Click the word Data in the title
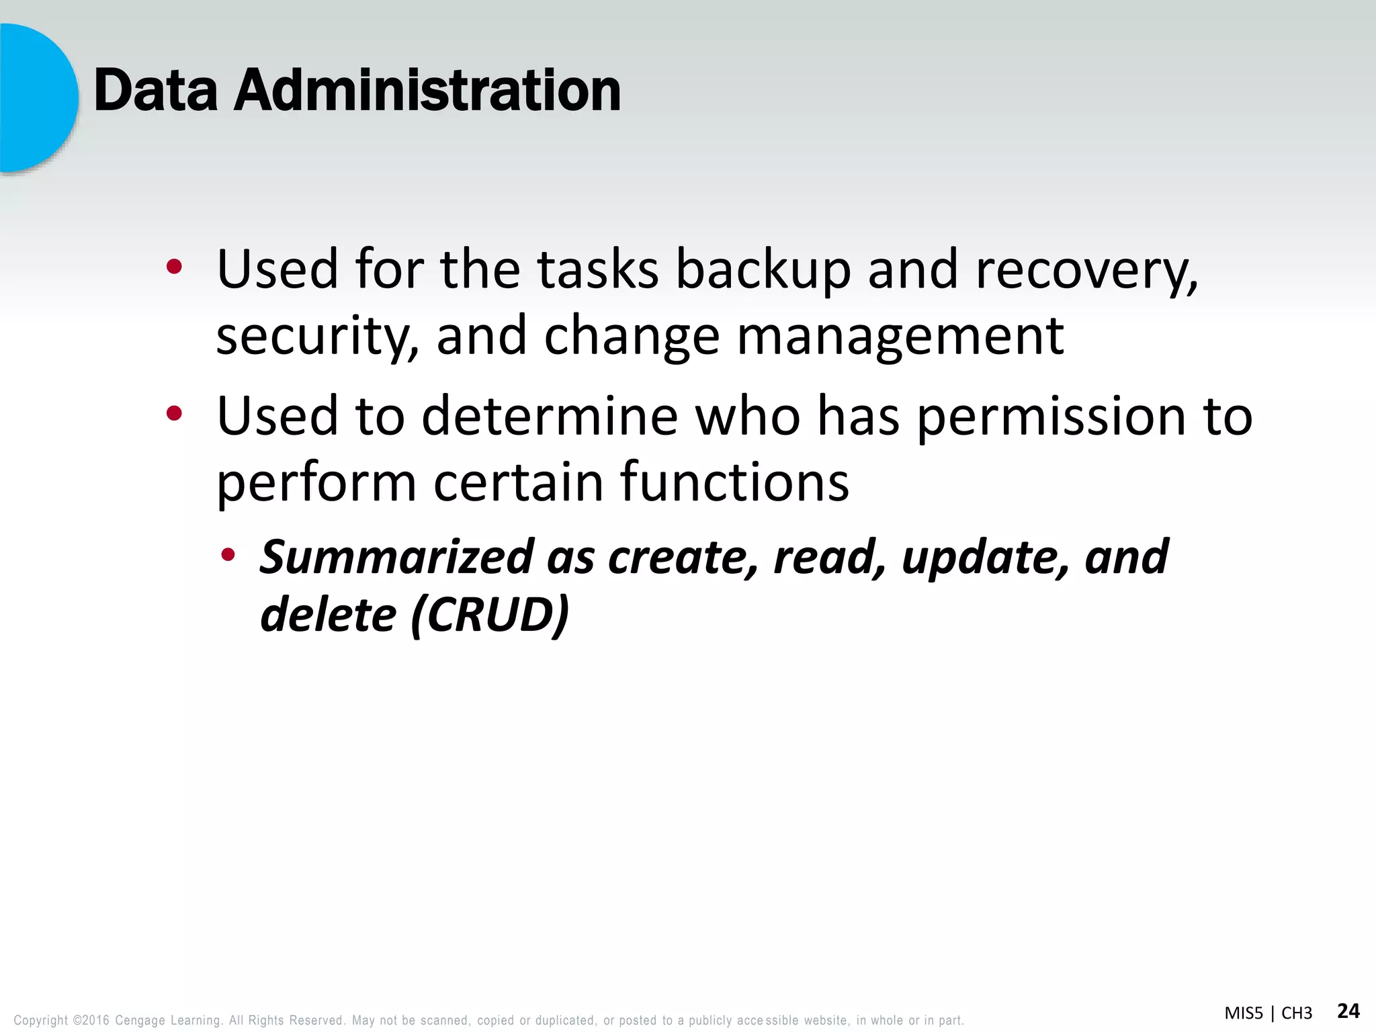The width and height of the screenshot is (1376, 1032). (156, 91)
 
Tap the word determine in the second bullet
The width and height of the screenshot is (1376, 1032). (550, 416)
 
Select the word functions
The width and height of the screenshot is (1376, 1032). (734, 482)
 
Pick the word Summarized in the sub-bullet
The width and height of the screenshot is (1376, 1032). (396, 558)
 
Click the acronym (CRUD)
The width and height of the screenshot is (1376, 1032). (490, 615)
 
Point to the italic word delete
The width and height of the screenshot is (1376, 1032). (328, 615)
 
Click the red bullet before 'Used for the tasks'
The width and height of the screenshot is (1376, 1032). (174, 267)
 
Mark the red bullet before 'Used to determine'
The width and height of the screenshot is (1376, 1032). (174, 414)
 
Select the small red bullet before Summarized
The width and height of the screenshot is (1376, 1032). (228, 554)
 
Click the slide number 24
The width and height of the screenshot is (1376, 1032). (1348, 1010)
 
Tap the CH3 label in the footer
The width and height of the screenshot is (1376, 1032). (1297, 1013)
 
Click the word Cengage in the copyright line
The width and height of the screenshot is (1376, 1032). (140, 1021)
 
